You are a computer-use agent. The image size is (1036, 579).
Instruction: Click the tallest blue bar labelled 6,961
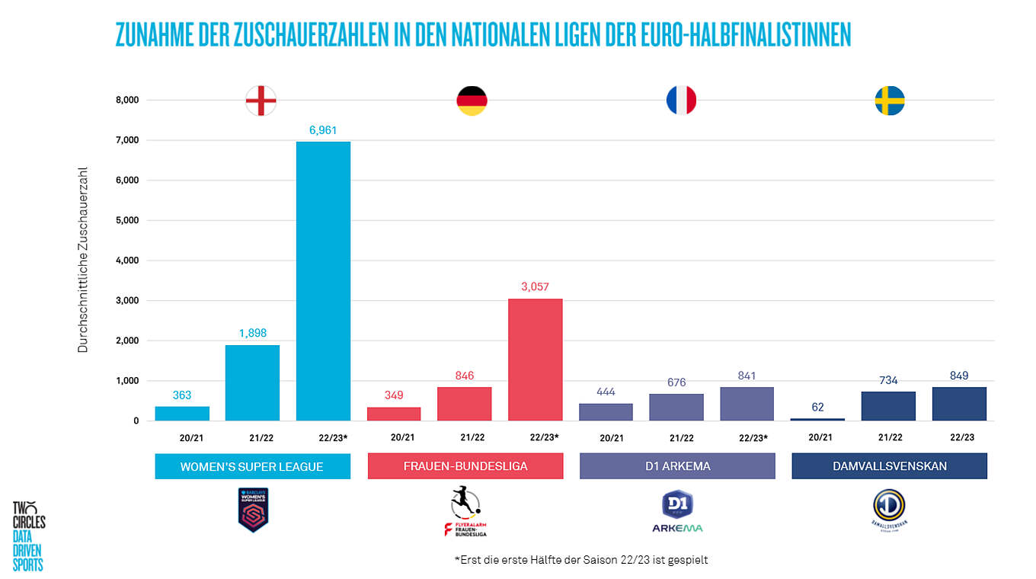point(323,281)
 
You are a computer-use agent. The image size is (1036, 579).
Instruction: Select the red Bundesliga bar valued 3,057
point(535,360)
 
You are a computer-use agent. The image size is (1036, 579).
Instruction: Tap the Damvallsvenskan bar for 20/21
point(818,419)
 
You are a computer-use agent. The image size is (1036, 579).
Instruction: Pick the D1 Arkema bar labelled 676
point(676,407)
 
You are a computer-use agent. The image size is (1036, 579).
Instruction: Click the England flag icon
point(261,101)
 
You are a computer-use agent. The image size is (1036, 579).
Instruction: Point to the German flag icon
point(472,101)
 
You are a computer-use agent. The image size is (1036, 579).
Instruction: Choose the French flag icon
point(681,101)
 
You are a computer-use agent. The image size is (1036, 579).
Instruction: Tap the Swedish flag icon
point(890,101)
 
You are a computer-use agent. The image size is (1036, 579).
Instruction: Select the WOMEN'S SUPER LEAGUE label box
point(252,466)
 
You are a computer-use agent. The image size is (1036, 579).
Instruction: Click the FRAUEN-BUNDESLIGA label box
point(465,466)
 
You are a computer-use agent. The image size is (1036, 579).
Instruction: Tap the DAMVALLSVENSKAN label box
point(889,466)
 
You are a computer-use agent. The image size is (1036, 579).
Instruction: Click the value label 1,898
point(252,333)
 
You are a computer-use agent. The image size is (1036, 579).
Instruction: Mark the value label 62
point(818,407)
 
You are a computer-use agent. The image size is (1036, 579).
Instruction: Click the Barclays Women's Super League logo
point(253,510)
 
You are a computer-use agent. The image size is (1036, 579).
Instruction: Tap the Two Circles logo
point(29,536)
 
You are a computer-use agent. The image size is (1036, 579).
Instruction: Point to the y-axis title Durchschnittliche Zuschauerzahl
point(83,259)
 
